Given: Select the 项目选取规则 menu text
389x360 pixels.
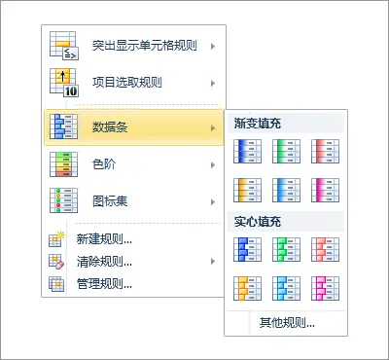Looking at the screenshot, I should click(126, 83).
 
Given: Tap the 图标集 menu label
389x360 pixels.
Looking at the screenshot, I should click(109, 202).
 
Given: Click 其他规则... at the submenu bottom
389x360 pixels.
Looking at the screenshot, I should click(287, 321).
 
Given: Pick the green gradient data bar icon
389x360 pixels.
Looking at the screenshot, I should click(286, 151).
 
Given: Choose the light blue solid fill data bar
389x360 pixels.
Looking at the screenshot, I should click(286, 287).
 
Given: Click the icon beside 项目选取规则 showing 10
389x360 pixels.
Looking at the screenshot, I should click(62, 83).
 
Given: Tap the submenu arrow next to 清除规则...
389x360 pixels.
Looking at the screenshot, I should click(213, 261).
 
